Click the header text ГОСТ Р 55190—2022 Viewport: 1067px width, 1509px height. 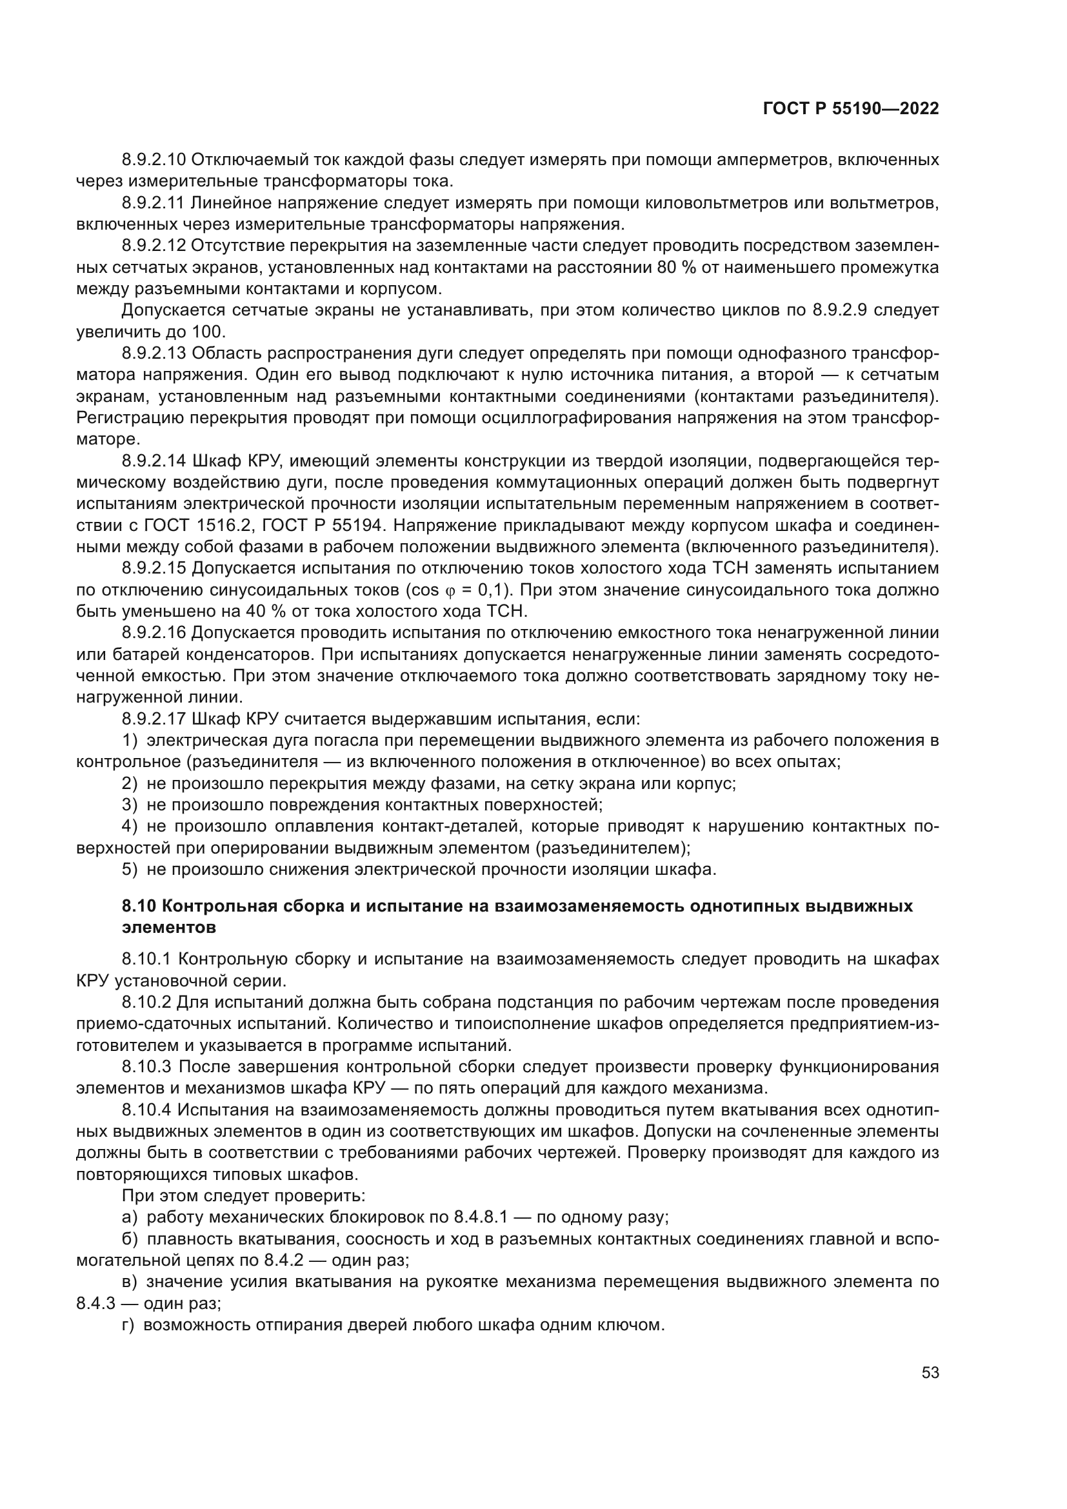851,109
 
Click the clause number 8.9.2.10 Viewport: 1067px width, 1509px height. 154,160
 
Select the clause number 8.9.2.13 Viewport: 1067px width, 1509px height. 154,354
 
